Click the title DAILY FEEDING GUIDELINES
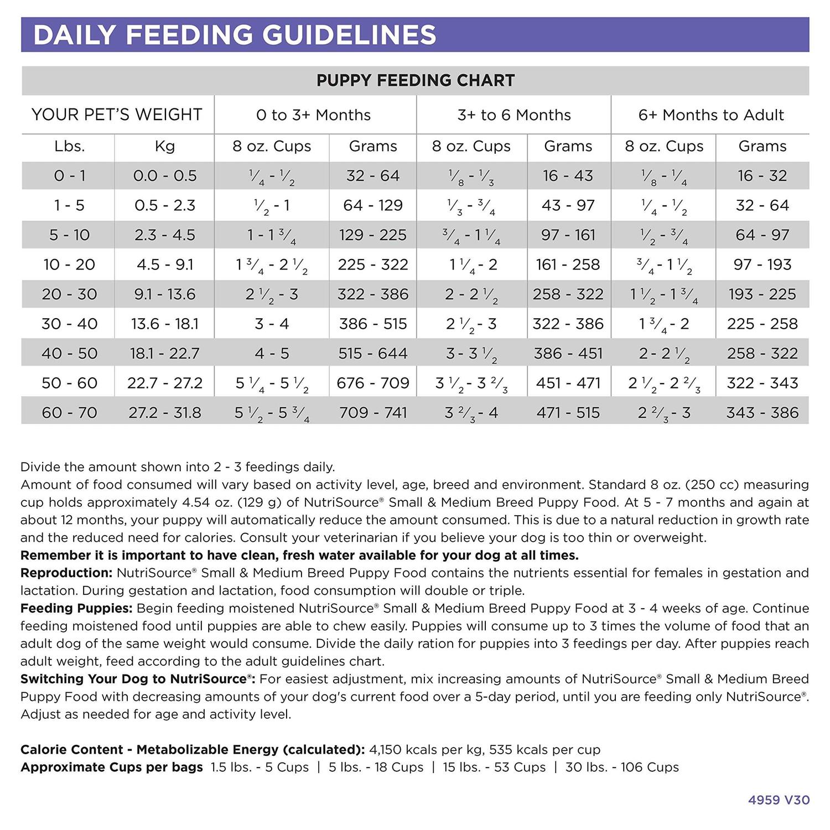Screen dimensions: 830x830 click(x=235, y=35)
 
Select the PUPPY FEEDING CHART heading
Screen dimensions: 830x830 click(x=415, y=81)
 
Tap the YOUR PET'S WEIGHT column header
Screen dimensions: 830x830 click(x=117, y=115)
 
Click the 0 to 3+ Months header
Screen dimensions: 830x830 click(x=313, y=115)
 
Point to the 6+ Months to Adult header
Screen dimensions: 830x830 click(x=710, y=115)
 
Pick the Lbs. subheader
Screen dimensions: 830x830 click(x=69, y=146)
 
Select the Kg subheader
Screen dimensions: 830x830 click(x=165, y=146)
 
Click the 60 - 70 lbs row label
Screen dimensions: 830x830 click(x=69, y=413)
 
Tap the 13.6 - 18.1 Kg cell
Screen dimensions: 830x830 click(x=165, y=324)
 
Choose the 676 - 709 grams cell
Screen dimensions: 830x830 click(x=372, y=383)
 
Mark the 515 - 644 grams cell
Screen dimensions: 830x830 click(x=372, y=354)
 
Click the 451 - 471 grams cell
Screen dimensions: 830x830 click(x=568, y=383)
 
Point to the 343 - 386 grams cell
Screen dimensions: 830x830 click(x=762, y=413)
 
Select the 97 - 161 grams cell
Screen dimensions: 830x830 click(x=568, y=235)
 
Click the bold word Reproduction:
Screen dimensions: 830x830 click(x=66, y=573)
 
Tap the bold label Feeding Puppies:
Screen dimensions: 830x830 click(x=76, y=608)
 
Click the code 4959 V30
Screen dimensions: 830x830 click(x=779, y=800)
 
